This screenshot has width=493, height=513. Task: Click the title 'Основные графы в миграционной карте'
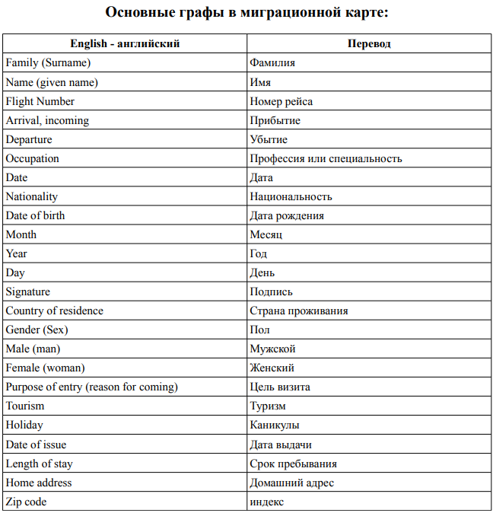(x=247, y=13)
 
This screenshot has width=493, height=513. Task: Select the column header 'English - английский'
(x=125, y=44)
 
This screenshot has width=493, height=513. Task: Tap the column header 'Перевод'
(x=369, y=44)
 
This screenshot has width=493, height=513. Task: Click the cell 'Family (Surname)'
(x=48, y=63)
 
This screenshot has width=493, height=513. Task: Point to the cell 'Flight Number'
(x=40, y=101)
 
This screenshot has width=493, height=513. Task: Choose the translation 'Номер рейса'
(x=281, y=101)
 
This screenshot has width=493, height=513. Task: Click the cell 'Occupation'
(x=33, y=158)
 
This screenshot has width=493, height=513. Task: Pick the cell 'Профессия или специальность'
(x=326, y=158)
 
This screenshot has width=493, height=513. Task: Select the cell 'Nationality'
(x=32, y=196)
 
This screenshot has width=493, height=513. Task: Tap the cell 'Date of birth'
(x=36, y=215)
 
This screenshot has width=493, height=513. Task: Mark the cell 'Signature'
(x=28, y=292)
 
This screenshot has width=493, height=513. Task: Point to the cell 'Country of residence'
(x=55, y=311)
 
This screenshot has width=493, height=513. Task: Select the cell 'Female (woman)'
(x=44, y=368)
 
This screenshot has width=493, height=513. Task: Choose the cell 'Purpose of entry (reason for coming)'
(x=92, y=387)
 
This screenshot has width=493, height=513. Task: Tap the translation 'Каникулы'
(x=275, y=425)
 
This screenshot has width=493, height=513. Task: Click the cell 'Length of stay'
(x=40, y=464)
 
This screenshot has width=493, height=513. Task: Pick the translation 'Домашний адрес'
(x=292, y=483)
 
